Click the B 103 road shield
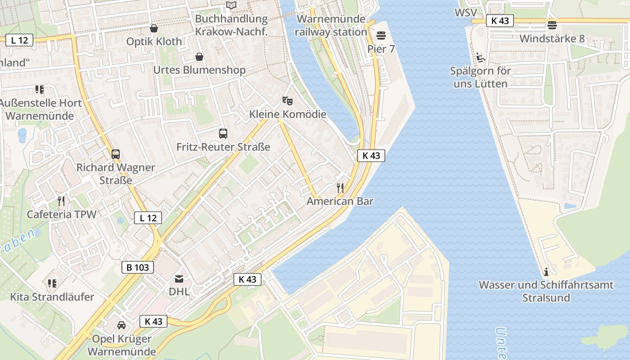coord(138,267)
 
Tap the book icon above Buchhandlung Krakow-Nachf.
coord(231,5)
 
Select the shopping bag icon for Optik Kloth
coord(154,28)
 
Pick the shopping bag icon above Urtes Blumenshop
coord(199,57)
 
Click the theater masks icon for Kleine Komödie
coord(287,101)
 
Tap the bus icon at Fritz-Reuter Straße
coord(223,133)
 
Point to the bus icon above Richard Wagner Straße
coord(116,154)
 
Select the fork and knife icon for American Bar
coord(340,188)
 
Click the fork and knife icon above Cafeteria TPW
coord(62,201)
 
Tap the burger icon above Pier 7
coord(381,35)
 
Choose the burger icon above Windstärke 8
coord(552,25)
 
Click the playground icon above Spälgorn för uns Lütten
coord(481,57)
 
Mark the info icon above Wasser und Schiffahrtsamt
coord(546,271)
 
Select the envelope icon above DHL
coord(179,279)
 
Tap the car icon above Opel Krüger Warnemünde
coord(121,325)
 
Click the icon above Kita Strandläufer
coord(52,283)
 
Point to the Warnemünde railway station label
coord(331,26)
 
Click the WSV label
coord(465,13)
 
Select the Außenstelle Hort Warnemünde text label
coord(40,109)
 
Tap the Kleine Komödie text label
coord(288,114)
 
